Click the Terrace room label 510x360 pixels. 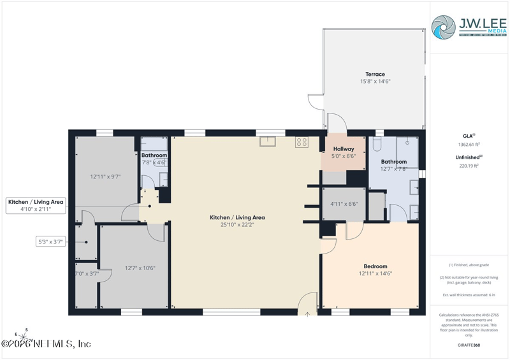click(375, 74)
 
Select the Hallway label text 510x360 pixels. click(344, 148)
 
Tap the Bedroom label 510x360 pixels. click(375, 266)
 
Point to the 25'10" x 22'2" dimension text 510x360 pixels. click(237, 225)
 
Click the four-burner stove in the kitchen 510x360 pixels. click(302, 143)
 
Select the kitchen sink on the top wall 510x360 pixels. click(268, 141)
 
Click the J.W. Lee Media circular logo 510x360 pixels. click(443, 27)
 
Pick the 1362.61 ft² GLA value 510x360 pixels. click(470, 145)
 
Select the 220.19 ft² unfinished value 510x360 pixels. click(470, 166)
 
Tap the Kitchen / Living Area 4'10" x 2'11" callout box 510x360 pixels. click(36, 205)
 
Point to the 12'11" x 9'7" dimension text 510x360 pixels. click(105, 176)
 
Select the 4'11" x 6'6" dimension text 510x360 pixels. click(344, 204)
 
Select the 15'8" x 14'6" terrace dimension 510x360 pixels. click(375, 82)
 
